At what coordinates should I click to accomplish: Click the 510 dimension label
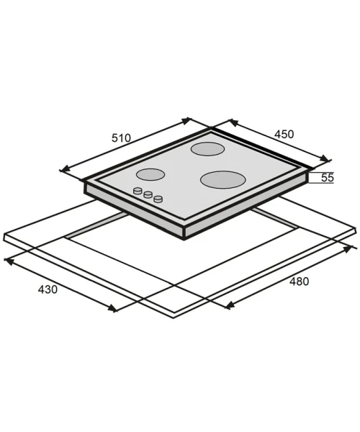121,138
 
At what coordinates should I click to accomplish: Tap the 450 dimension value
284,134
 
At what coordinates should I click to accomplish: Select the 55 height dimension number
328,178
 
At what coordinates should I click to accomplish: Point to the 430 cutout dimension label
48,289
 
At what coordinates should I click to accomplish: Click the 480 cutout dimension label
299,282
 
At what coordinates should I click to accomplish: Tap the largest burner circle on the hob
222,179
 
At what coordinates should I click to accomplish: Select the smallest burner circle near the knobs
150,175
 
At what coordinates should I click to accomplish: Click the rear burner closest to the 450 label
207,149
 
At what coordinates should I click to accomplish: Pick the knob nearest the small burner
138,190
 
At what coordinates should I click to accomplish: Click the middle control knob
148,194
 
